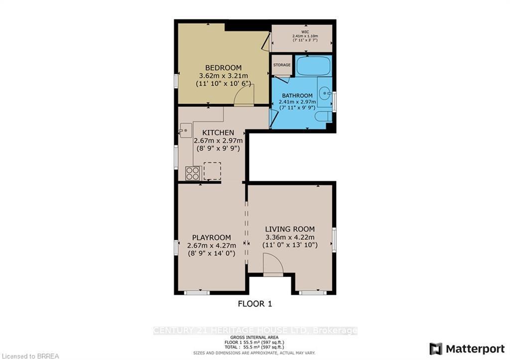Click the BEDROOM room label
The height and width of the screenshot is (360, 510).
(x=224, y=68)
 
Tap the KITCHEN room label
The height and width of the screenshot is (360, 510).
(x=218, y=132)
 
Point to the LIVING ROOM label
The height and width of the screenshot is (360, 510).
(x=290, y=229)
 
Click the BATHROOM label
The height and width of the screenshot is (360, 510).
(x=297, y=96)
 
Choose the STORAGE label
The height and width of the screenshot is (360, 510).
(x=281, y=65)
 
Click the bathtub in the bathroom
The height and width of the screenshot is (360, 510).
(x=313, y=66)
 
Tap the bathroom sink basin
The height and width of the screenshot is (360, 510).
(x=325, y=92)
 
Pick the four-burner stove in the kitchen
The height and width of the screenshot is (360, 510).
(x=193, y=173)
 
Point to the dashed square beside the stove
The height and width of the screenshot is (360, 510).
(x=212, y=171)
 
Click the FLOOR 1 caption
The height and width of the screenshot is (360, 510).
(x=255, y=303)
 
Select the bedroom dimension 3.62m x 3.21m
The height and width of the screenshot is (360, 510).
(x=224, y=76)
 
